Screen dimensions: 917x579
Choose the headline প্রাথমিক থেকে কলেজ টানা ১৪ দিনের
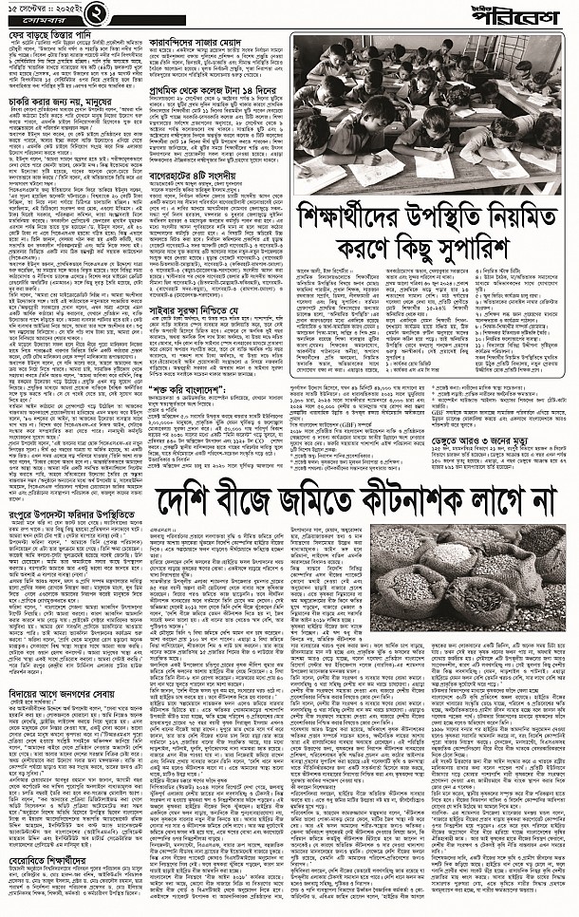point(217,95)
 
